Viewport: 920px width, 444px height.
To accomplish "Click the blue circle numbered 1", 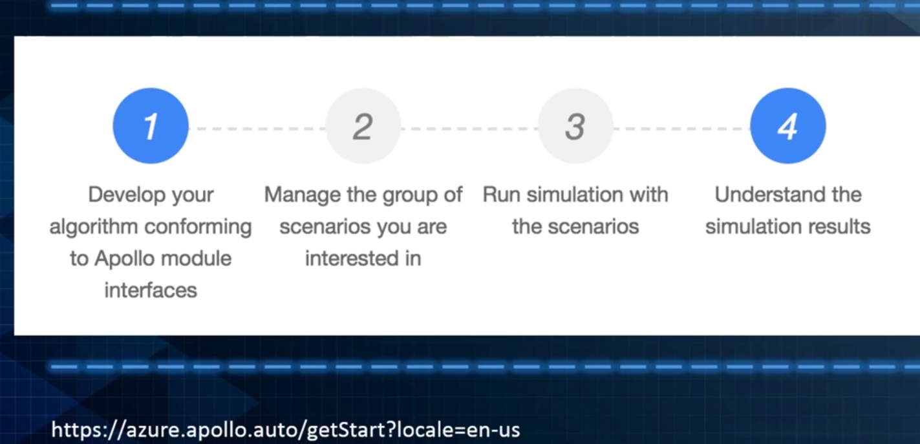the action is [x=151, y=125].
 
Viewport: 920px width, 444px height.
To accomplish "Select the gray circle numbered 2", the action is [x=363, y=125].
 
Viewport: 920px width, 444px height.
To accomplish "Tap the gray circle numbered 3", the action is [x=575, y=125].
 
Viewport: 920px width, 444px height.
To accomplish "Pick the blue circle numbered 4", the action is [x=787, y=125].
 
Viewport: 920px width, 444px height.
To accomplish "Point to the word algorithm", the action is [x=94, y=227].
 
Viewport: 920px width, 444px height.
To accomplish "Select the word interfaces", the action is [x=151, y=290].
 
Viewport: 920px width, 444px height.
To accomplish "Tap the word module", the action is [x=197, y=259].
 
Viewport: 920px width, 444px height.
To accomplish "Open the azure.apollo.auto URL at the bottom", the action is [x=286, y=430].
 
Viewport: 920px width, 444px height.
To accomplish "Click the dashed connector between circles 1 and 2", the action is [x=257, y=129].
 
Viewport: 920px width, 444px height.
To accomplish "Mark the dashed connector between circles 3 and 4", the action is [x=682, y=129].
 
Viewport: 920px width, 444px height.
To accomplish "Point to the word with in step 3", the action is [x=653, y=195].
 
